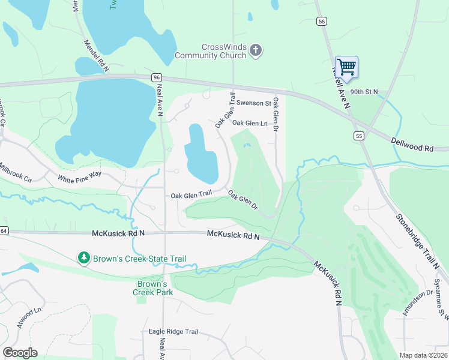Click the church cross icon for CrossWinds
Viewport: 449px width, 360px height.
256,50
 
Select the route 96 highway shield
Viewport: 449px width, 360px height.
157,77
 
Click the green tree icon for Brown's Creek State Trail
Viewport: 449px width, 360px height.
83,259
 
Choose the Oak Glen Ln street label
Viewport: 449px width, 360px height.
249,123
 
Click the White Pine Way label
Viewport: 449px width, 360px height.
80,178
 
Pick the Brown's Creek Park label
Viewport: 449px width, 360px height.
152,288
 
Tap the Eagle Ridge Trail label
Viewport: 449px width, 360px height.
173,332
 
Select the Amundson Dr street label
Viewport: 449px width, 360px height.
418,302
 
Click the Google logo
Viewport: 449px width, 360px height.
20,353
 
